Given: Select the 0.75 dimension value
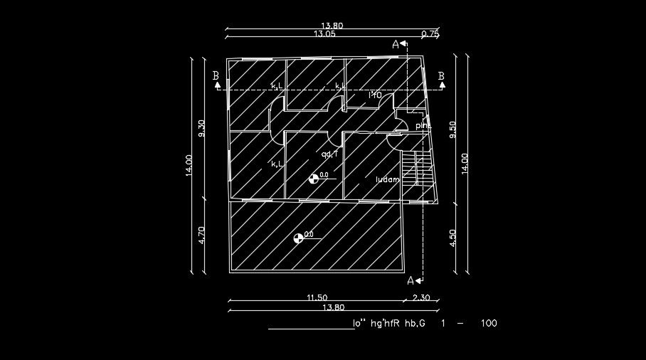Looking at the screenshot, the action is point(430,33).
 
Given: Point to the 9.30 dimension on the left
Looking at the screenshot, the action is point(202,128).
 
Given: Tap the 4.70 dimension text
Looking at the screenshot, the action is point(202,235).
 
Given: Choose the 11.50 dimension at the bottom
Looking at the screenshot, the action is point(317,298).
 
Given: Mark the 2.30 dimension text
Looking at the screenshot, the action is point(422,298).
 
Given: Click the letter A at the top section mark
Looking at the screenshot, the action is point(396,44).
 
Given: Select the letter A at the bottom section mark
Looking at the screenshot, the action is point(411,280).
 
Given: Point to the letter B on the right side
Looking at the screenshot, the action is point(441,76).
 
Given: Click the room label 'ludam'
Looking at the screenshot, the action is point(388,180).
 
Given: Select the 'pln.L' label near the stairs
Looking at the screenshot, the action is point(423,126).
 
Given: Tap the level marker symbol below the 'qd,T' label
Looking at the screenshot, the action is point(313,178).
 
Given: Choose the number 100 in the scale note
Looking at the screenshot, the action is point(489,324).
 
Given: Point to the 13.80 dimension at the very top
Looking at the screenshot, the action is point(332,26).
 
